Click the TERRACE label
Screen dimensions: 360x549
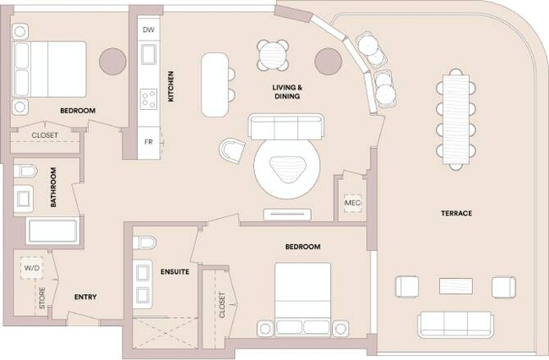click(455, 213)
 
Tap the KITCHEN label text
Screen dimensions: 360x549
click(171, 86)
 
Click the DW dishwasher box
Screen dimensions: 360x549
click(149, 30)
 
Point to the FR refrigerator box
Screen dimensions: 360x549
click(149, 141)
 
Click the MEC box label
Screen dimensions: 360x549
click(352, 204)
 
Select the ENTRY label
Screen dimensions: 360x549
click(85, 297)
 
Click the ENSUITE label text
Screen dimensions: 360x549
click(174, 272)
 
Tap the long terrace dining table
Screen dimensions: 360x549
click(454, 116)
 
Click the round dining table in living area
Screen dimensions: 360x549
click(274, 56)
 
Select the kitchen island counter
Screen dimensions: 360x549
click(215, 85)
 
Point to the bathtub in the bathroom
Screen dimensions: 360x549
click(52, 232)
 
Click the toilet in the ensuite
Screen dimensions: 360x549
click(146, 243)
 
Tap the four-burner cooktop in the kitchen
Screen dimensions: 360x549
click(149, 99)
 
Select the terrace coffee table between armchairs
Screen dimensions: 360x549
click(455, 286)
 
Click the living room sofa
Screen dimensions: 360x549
click(285, 128)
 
